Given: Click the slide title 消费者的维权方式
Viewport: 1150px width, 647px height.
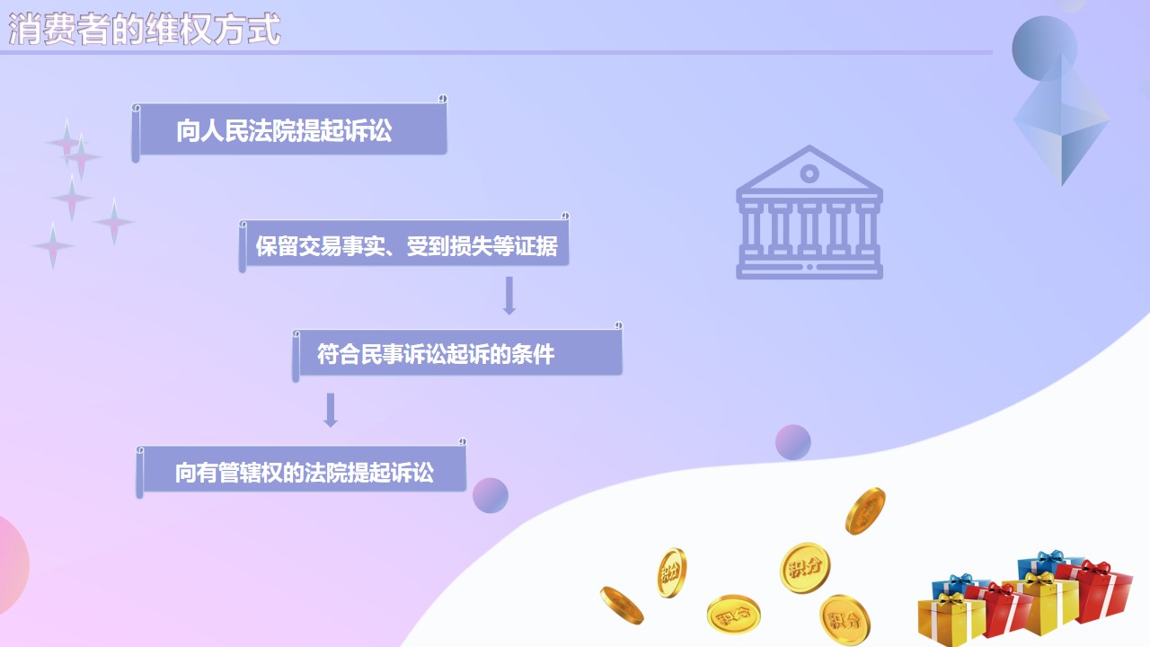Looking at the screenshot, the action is (x=145, y=30).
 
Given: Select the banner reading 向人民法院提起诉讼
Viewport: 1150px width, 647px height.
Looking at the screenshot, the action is (x=289, y=129).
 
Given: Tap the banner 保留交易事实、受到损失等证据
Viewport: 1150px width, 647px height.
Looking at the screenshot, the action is (x=404, y=244).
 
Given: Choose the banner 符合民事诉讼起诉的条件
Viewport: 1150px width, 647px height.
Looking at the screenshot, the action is (x=457, y=353).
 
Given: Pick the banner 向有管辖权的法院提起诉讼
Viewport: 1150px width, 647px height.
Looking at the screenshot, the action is (x=301, y=470).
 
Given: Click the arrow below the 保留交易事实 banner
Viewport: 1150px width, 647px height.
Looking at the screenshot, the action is (x=509, y=296).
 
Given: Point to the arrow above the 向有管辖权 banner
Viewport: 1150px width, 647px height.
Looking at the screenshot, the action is (x=331, y=410).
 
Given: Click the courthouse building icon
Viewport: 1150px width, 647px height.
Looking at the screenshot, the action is (x=809, y=212).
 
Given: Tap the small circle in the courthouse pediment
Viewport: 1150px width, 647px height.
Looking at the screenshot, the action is (x=809, y=173).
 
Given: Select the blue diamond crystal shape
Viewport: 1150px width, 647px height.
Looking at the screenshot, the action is (x=1062, y=120).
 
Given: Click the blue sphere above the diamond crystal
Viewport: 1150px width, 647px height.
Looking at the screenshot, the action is (x=1044, y=49).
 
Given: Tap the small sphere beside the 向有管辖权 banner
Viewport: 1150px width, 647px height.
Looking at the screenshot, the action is (x=491, y=495).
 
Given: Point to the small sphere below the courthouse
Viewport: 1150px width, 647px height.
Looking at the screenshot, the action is (x=792, y=442).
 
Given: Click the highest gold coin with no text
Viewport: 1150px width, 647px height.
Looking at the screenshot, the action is (x=865, y=511).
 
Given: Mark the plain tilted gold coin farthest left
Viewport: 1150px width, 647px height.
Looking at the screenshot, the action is (x=622, y=606).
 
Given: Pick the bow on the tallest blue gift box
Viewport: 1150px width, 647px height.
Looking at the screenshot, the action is (x=1050, y=558).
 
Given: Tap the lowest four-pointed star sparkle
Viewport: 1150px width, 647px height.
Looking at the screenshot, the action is (x=52, y=246).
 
